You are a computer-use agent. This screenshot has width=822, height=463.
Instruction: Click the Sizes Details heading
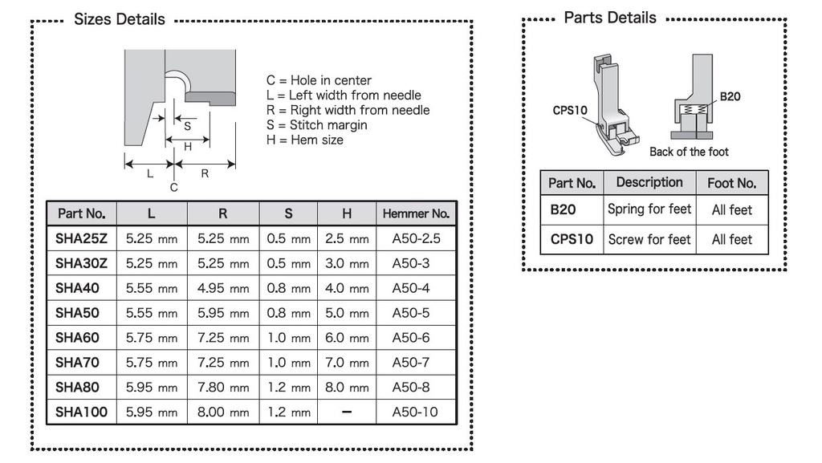point(119,19)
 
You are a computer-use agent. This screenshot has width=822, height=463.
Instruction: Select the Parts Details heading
point(610,18)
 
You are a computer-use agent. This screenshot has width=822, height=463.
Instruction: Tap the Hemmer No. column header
point(416,213)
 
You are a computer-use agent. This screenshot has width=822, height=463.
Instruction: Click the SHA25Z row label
point(81,239)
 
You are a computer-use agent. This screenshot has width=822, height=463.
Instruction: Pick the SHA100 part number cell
point(81,412)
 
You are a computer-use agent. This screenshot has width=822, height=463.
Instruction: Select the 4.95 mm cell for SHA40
point(222,288)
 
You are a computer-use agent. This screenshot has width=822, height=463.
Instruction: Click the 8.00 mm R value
point(222,412)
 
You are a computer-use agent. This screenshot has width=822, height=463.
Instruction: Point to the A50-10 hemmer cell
point(416,412)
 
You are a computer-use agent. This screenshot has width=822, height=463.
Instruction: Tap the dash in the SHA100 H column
point(346,412)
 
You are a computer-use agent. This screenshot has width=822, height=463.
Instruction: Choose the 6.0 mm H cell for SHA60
point(346,338)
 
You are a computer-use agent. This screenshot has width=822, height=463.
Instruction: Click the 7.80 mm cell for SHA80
point(222,387)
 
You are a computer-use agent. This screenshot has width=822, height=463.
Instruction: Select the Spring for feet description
point(649,209)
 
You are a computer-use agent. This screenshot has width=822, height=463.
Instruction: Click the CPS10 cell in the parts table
point(572,239)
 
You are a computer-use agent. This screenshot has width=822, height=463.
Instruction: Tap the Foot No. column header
point(731,183)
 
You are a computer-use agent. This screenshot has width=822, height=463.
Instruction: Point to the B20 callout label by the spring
point(730,97)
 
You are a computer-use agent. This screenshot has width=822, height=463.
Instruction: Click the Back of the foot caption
point(689,152)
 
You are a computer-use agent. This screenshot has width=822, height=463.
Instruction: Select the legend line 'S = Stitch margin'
point(316,124)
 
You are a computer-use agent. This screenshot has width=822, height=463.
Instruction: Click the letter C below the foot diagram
point(174,187)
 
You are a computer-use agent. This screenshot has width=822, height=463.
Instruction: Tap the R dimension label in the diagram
point(205,173)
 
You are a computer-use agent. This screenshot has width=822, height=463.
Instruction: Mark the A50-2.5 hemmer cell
point(416,239)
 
